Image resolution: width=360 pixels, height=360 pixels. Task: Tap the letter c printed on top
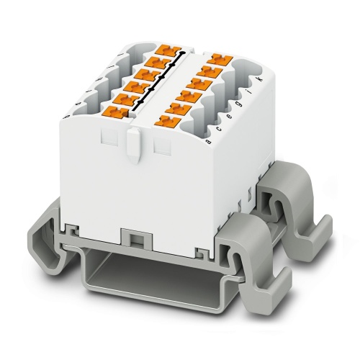click(x=218, y=130)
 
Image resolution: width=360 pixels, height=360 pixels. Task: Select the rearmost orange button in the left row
click(x=165, y=50)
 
